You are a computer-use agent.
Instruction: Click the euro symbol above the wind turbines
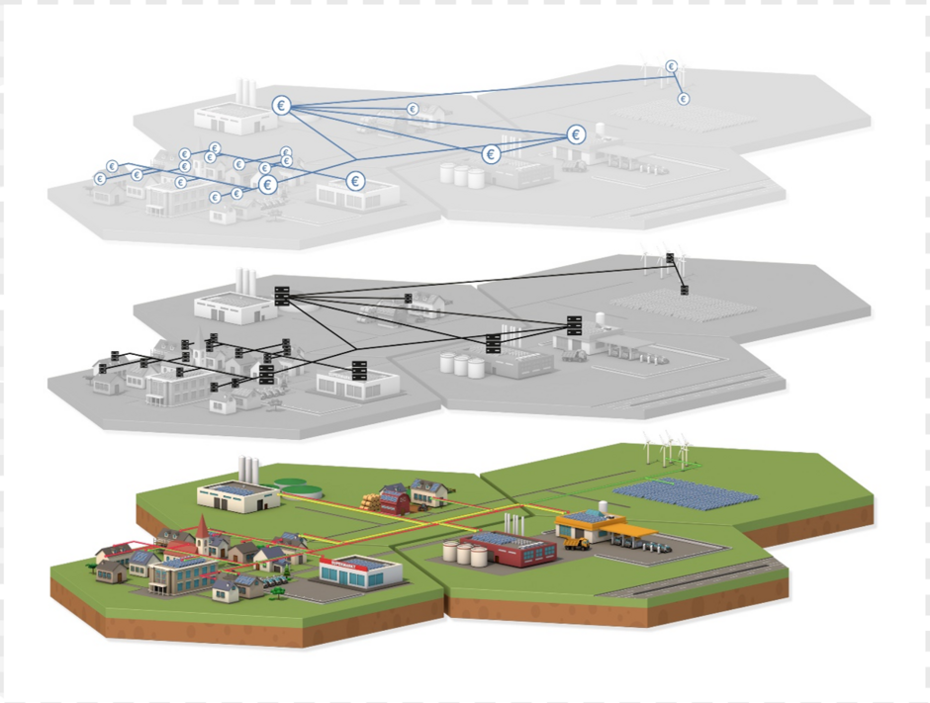coord(672,67)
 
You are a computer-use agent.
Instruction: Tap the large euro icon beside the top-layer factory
coord(282,106)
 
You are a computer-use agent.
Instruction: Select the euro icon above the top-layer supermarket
coord(355,182)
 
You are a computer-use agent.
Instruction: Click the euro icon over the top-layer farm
coord(413,109)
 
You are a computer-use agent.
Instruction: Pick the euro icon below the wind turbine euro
coord(683,99)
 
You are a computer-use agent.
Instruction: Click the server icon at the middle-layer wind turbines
coord(670,258)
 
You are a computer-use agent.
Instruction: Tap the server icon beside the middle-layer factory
coord(282,295)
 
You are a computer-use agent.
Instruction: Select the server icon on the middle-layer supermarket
coord(359,370)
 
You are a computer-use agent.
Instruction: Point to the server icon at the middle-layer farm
coord(408,297)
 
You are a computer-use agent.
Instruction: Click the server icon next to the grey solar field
coord(684,290)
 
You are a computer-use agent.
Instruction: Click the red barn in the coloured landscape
coord(395,500)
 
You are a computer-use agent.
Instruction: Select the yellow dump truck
coord(576,543)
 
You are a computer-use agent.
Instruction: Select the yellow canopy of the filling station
coord(629,532)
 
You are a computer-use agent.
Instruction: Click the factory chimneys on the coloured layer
coord(248,468)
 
